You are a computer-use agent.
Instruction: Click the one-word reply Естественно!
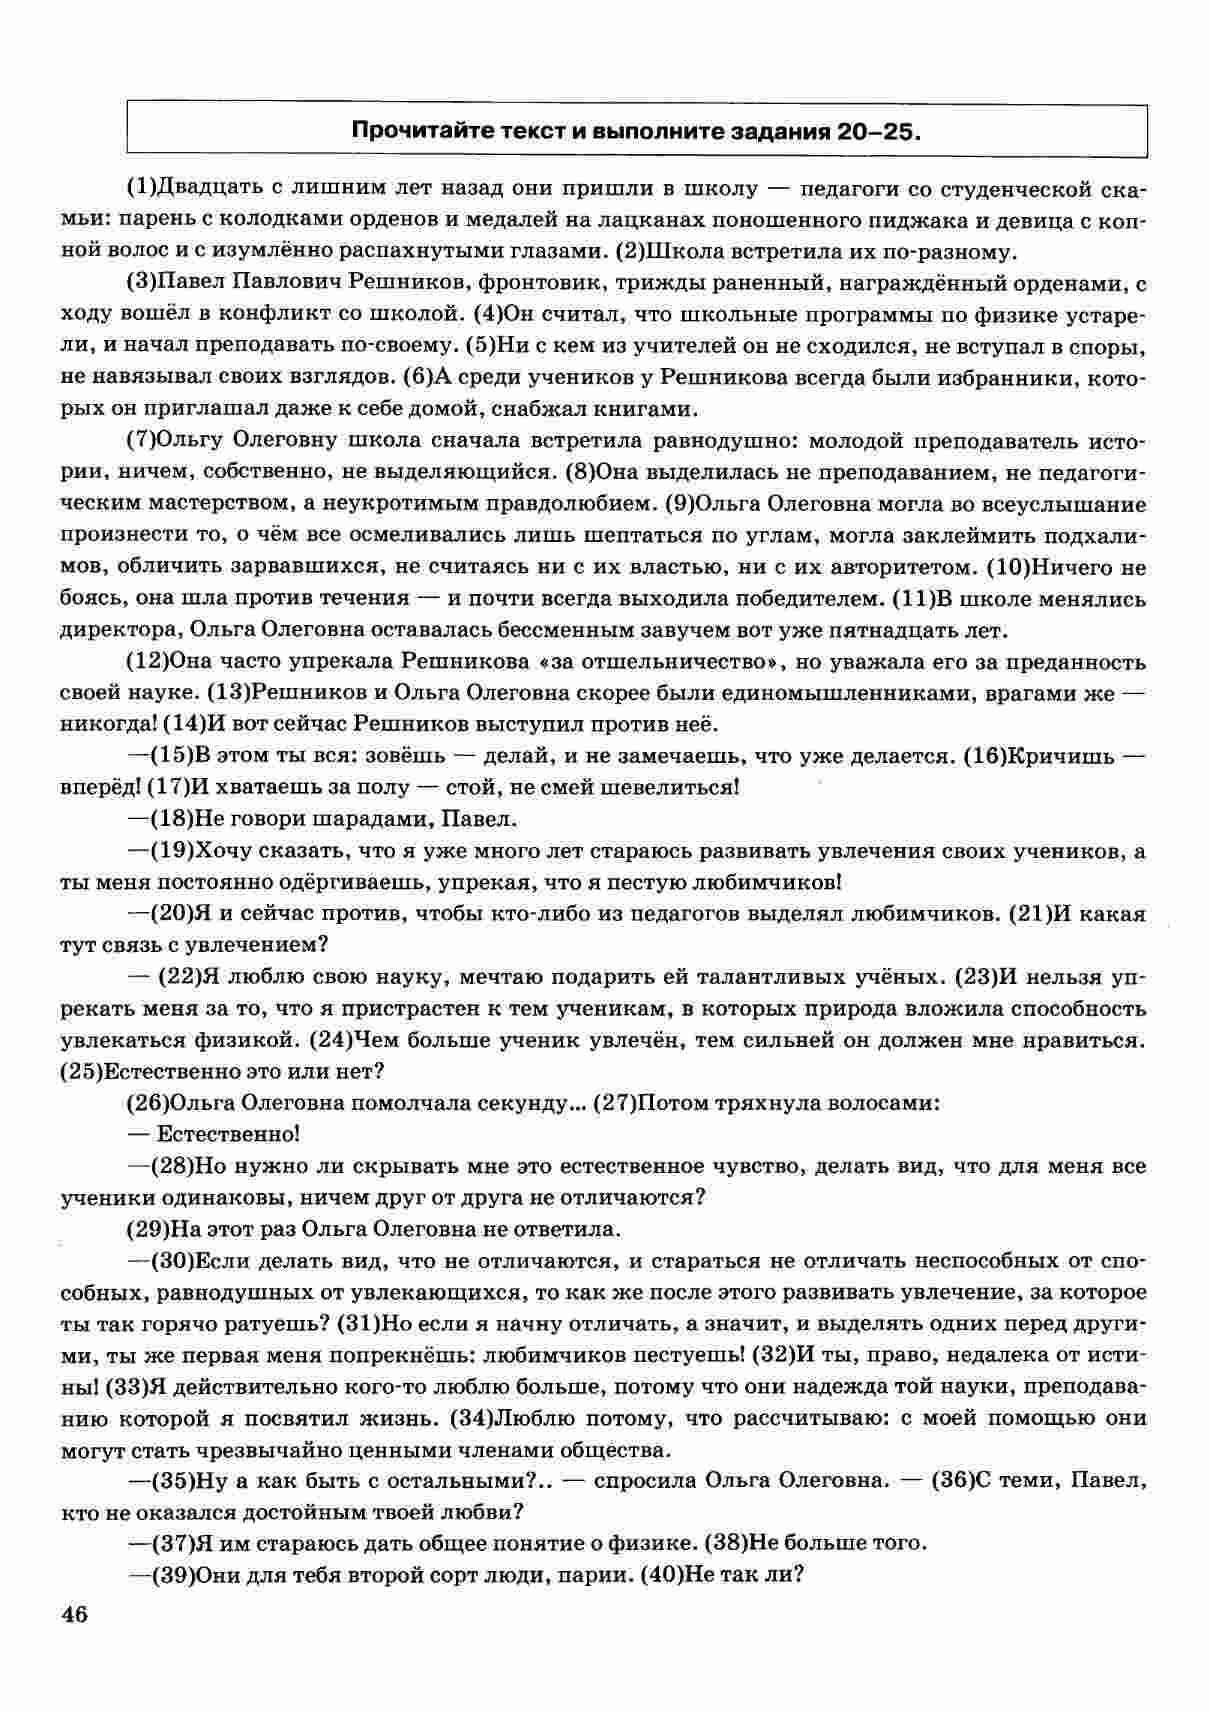(x=229, y=1134)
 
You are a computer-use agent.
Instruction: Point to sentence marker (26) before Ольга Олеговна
(x=147, y=1103)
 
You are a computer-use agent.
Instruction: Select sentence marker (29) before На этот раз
(x=147, y=1229)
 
